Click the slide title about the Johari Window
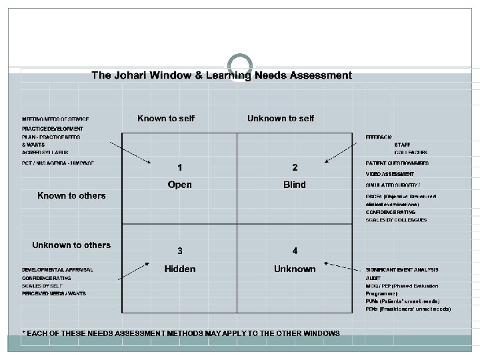click(x=221, y=75)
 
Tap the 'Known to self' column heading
click(x=166, y=119)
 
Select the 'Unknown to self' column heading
click(x=281, y=119)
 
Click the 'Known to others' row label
click(x=71, y=195)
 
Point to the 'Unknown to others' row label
click(x=71, y=245)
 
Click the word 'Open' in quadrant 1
click(x=180, y=185)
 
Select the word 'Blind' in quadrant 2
click(x=294, y=185)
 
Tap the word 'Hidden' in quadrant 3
click(x=180, y=269)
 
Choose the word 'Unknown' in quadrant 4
click(x=294, y=269)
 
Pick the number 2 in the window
click(x=295, y=166)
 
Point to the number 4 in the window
click(x=295, y=251)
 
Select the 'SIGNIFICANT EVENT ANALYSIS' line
click(x=401, y=269)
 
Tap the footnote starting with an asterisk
click(x=181, y=333)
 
